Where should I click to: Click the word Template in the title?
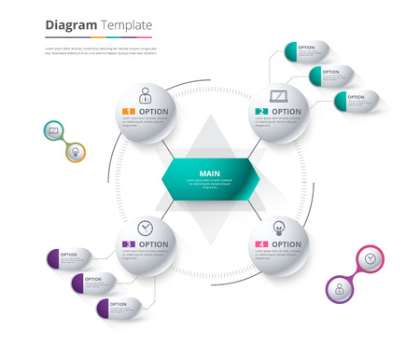(123, 25)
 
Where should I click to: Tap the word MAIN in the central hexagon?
(208, 173)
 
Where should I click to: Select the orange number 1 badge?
(129, 112)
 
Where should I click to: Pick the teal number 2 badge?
(262, 112)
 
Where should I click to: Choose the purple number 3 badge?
(129, 244)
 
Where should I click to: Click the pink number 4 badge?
(262, 244)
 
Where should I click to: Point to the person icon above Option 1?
(146, 95)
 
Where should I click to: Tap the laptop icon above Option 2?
(278, 95)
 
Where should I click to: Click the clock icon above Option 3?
(145, 228)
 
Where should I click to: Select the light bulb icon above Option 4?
(278, 227)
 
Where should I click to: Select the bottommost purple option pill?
(116, 306)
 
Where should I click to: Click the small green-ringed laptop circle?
(54, 132)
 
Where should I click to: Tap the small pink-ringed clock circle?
(371, 258)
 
